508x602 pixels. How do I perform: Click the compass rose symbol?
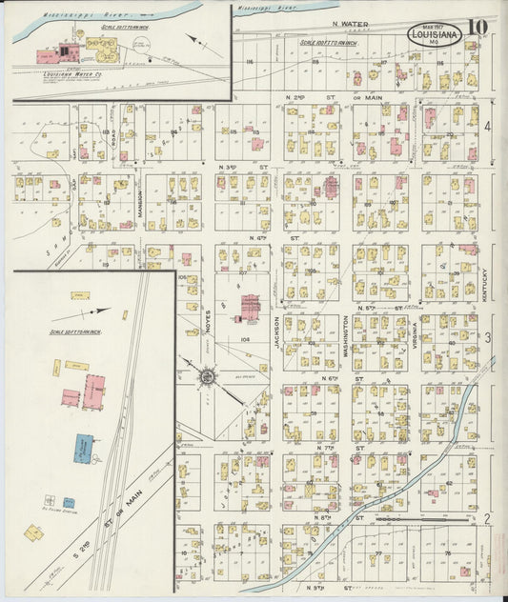click(x=206, y=378)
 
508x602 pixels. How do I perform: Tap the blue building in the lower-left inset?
click(x=84, y=447)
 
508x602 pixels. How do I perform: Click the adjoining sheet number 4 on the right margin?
click(x=487, y=126)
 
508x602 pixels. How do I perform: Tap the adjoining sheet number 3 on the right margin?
click(x=487, y=338)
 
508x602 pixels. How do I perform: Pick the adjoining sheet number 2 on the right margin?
click(x=487, y=518)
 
